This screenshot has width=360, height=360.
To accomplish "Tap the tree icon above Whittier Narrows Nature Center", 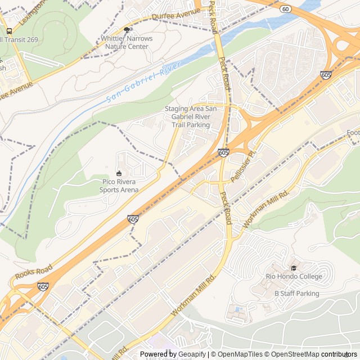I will tap(127, 30).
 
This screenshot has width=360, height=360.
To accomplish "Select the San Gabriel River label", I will tap(144, 82).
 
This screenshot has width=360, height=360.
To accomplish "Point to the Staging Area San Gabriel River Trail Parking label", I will tap(187, 116).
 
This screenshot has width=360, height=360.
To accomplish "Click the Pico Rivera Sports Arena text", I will tap(119, 186).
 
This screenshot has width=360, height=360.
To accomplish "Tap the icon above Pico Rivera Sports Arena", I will tap(119, 173).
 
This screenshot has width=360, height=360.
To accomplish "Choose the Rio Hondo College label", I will tap(294, 276).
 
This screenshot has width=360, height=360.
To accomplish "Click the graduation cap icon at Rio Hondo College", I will tap(294, 267).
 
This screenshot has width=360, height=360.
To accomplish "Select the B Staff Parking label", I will tap(296, 294).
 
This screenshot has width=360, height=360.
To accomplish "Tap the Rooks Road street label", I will tap(34, 273).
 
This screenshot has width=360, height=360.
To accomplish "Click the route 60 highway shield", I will tap(286, 10).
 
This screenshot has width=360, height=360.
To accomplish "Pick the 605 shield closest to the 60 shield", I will tap(326, 74).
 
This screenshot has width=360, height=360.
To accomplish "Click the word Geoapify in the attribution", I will tap(190, 354).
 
